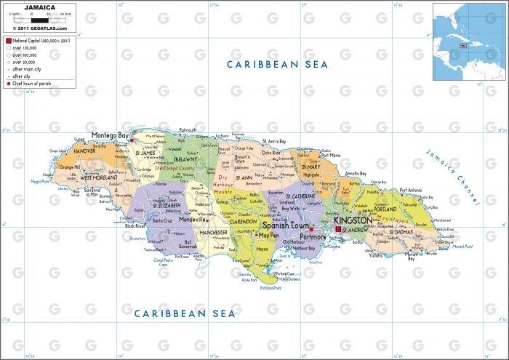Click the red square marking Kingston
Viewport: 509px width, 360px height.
pyautogui.click(x=338, y=230)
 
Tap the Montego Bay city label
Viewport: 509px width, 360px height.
pyautogui.click(x=110, y=136)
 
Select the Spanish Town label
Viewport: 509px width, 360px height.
pyautogui.click(x=284, y=227)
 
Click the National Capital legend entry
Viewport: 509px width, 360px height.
pyautogui.click(x=41, y=41)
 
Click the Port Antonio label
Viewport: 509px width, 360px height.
pyautogui.click(x=410, y=191)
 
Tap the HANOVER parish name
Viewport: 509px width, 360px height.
pyautogui.click(x=84, y=151)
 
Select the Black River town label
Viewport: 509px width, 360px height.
pyautogui.click(x=135, y=226)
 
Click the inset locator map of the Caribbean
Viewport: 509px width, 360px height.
pyautogui.click(x=469, y=41)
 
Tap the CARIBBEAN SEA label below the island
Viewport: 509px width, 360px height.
pyautogui.click(x=185, y=313)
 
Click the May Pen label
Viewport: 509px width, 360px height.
pyautogui.click(x=268, y=236)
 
